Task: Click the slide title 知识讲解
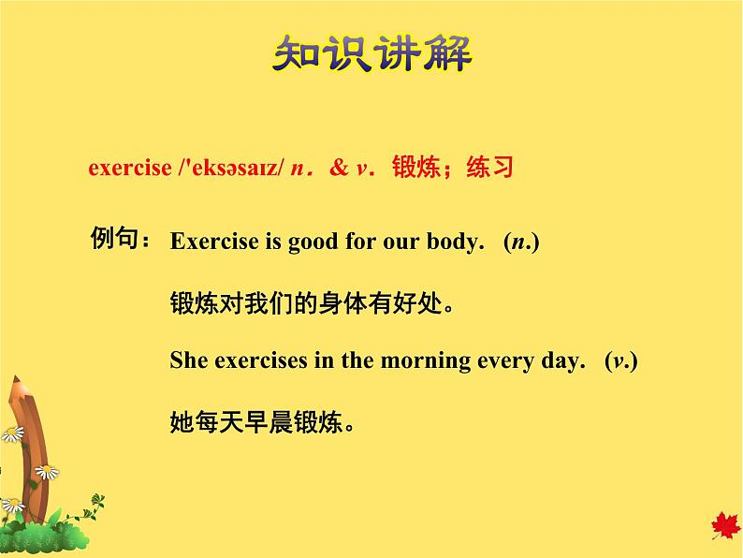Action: coord(371,55)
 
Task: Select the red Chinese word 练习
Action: coord(489,169)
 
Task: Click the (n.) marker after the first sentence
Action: coord(521,242)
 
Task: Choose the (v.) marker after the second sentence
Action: coord(620,361)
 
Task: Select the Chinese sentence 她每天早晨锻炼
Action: coord(263,422)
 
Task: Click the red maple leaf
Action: coord(724,526)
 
